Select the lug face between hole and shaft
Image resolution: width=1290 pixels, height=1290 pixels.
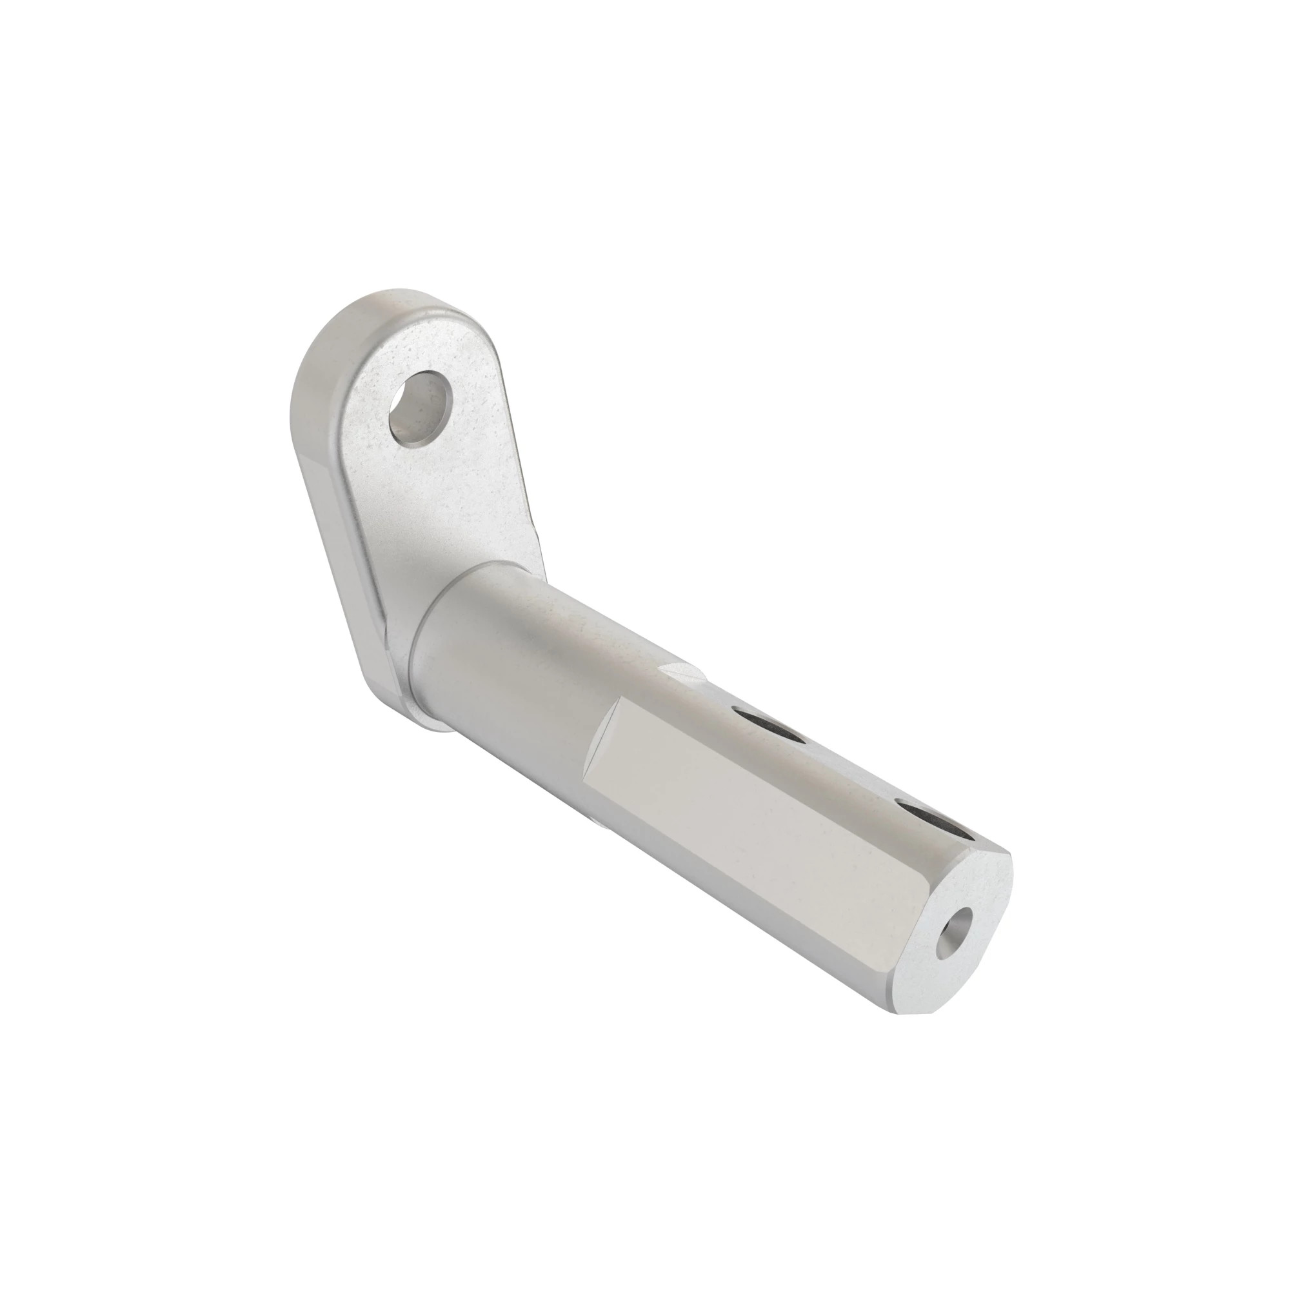454,508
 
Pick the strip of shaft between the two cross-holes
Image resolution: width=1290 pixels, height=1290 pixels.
848,768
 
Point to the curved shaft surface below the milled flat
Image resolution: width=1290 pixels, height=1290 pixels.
701,888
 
